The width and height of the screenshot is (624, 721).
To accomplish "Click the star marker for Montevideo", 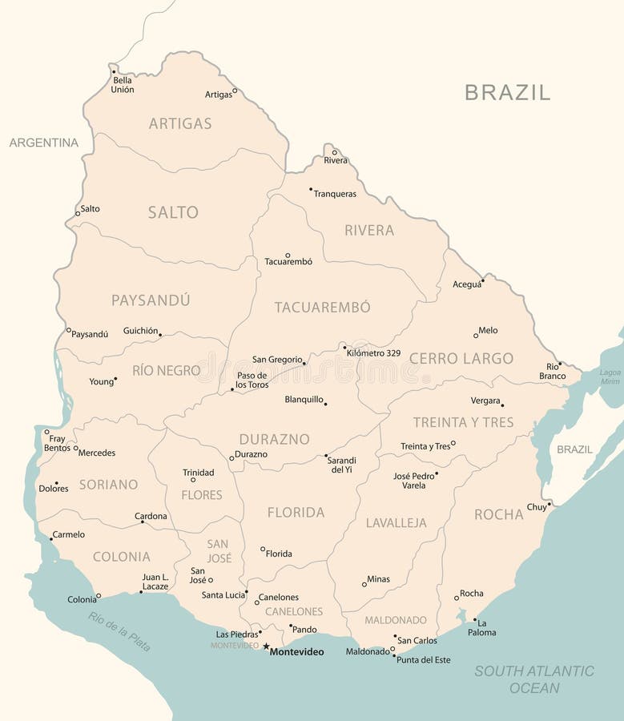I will pyautogui.click(x=266, y=646).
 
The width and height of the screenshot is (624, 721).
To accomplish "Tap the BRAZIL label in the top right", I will pyautogui.click(x=507, y=92).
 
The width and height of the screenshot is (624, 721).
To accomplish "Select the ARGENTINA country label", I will pyautogui.click(x=44, y=143).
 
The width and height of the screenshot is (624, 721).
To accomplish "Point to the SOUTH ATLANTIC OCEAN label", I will pyautogui.click(x=534, y=679).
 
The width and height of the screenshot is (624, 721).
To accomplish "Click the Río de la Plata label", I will pyautogui.click(x=119, y=630).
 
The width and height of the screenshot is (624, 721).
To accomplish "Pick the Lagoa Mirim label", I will pyautogui.click(x=610, y=377).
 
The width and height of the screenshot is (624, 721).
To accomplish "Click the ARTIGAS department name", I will pyautogui.click(x=180, y=123).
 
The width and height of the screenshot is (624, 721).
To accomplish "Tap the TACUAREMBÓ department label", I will pyautogui.click(x=323, y=307).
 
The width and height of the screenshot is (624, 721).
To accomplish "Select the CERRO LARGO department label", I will pyautogui.click(x=461, y=358).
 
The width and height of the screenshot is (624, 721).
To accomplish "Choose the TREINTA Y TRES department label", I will pyautogui.click(x=463, y=422).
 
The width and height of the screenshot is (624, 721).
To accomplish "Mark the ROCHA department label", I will pyautogui.click(x=498, y=514).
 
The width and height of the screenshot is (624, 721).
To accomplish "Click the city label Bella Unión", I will pyautogui.click(x=123, y=85).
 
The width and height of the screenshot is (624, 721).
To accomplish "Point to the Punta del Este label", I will pyautogui.click(x=424, y=660).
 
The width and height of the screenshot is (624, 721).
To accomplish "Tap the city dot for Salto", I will pyautogui.click(x=78, y=213).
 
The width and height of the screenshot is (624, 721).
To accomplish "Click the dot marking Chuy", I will pyautogui.click(x=550, y=504).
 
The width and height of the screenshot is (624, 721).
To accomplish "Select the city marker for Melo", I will pyautogui.click(x=475, y=335).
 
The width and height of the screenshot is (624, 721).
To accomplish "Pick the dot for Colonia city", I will pyautogui.click(x=99, y=595).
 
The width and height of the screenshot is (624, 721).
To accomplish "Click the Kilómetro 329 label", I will pyautogui.click(x=373, y=352).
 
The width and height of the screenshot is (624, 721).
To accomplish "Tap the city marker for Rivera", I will pyautogui.click(x=335, y=152).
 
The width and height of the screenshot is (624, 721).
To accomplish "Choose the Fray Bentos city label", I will pyautogui.click(x=57, y=443).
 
